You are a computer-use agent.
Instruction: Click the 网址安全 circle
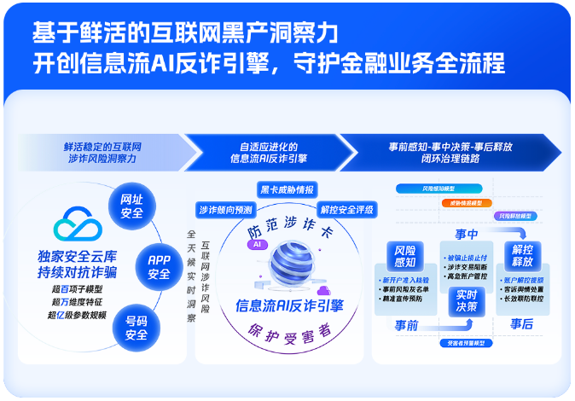click(132, 206)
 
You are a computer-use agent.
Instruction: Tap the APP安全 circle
click(159, 267)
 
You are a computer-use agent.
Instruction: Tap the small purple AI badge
click(254, 244)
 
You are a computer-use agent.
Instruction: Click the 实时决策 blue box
click(467, 299)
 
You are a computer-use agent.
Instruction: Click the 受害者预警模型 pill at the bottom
click(466, 343)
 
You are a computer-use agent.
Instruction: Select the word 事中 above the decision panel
click(467, 233)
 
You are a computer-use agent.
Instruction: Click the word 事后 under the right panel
click(521, 324)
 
